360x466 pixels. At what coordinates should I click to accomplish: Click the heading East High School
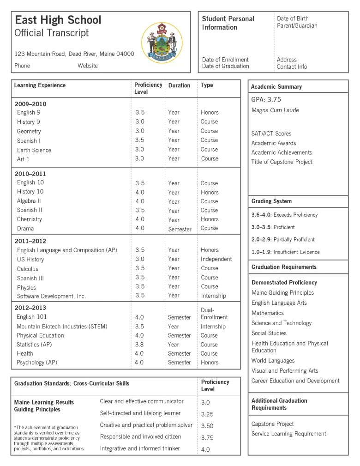point(58,20)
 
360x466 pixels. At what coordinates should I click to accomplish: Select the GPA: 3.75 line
point(266,100)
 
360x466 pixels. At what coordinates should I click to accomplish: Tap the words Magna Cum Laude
point(275,110)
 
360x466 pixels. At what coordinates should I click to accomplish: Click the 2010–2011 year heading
point(30,174)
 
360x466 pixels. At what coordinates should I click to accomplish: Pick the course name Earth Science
point(34,150)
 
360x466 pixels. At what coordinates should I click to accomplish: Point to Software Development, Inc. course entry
point(52,296)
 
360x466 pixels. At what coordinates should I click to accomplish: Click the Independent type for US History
point(216,259)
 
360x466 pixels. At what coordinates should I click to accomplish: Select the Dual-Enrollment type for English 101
point(214,314)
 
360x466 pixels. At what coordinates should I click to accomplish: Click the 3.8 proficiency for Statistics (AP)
point(140,345)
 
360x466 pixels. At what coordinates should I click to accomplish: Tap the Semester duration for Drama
point(180,229)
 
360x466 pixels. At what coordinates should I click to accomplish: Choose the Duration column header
point(179,85)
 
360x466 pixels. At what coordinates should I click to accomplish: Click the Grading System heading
point(271,201)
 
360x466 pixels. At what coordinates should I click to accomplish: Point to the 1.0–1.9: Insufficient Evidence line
point(285,252)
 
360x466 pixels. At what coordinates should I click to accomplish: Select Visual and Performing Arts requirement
point(285,371)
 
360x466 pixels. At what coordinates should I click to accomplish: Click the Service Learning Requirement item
point(288,434)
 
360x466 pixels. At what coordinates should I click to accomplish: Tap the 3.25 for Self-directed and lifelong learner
point(207,414)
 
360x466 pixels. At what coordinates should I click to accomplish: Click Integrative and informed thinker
point(140,448)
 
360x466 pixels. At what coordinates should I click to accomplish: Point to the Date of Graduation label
point(225,66)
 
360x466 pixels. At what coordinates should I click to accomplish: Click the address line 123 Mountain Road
point(74,54)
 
